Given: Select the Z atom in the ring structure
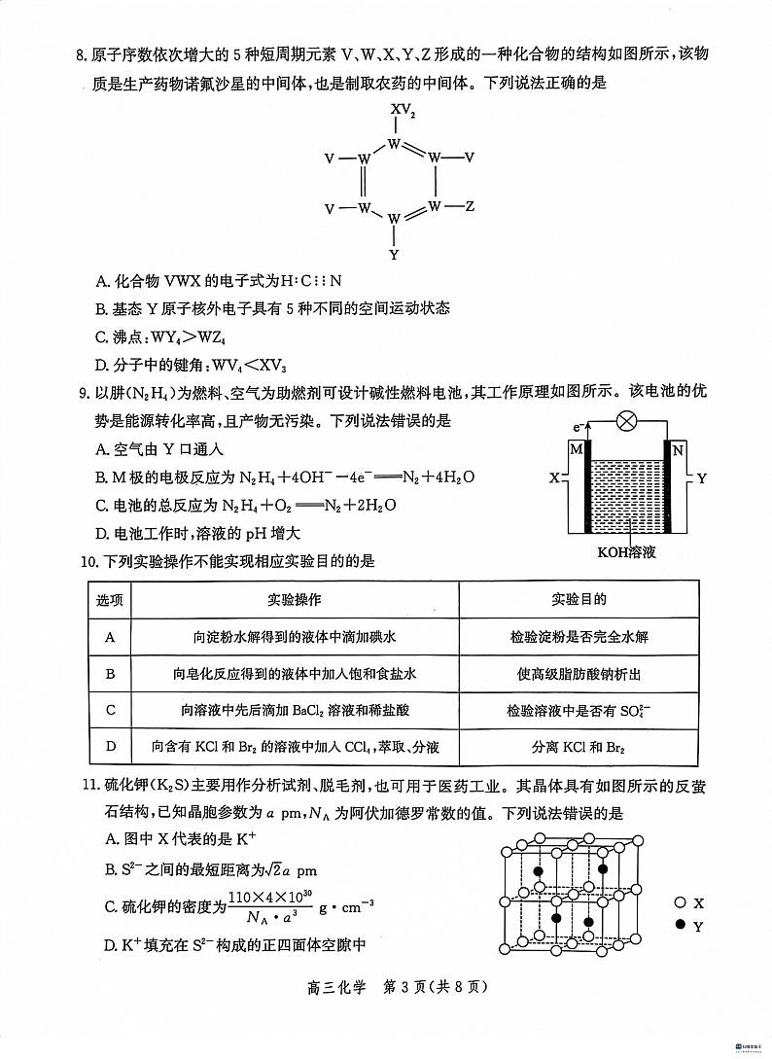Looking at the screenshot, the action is [470, 206].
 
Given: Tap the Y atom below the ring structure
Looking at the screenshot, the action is [394, 255].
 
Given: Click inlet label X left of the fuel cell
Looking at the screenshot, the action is [553, 478].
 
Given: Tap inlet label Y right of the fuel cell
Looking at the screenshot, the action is [702, 478].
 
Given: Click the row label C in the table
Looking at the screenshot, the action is [110, 710].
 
